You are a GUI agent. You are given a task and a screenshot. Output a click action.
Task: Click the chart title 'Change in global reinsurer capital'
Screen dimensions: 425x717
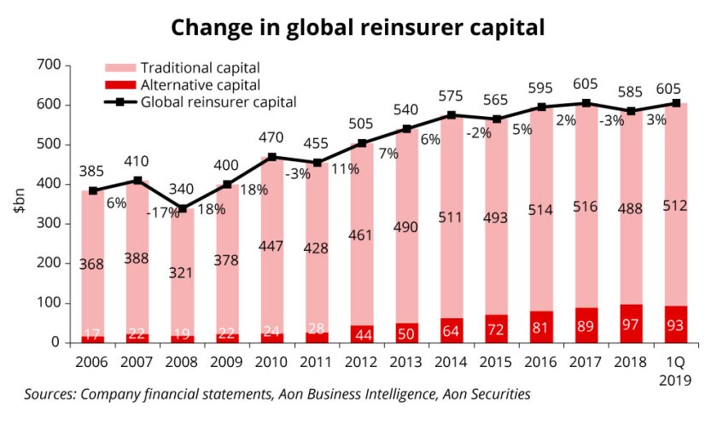(x=358, y=27)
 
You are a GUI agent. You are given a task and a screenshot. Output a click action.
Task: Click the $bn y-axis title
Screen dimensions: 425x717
(x=19, y=204)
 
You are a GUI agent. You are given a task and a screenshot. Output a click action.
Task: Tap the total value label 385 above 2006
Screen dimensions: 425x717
(x=91, y=172)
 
